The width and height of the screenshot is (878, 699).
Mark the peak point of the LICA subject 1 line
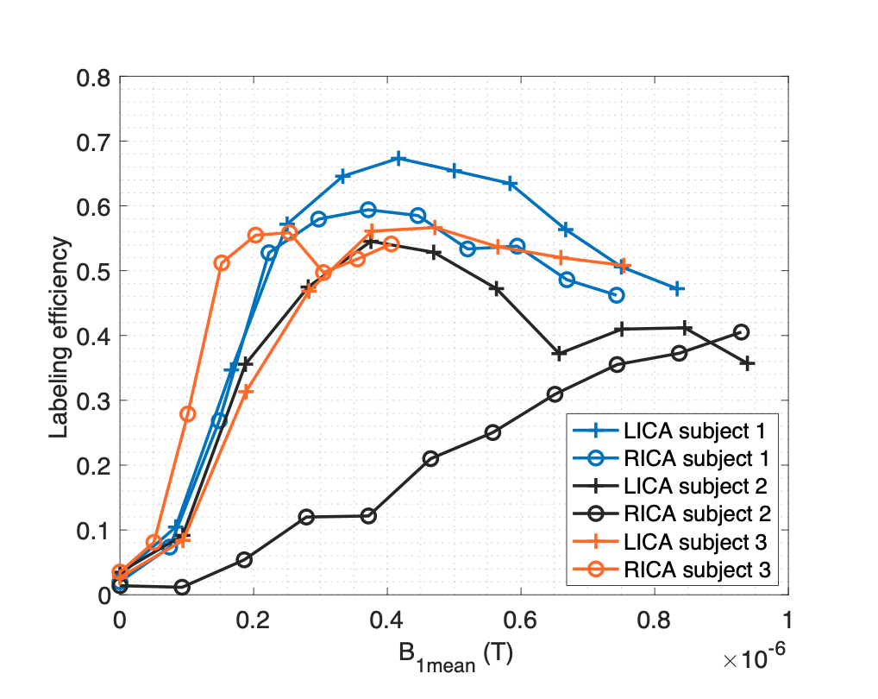[x=398, y=159]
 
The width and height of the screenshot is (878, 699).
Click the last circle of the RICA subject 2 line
[x=741, y=332]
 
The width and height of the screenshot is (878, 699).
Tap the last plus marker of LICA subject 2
[x=748, y=363]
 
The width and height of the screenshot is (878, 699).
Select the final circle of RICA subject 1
[x=616, y=295]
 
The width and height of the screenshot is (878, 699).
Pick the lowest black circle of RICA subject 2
[x=182, y=587]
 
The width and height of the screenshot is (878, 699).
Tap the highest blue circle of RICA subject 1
[x=368, y=210]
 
